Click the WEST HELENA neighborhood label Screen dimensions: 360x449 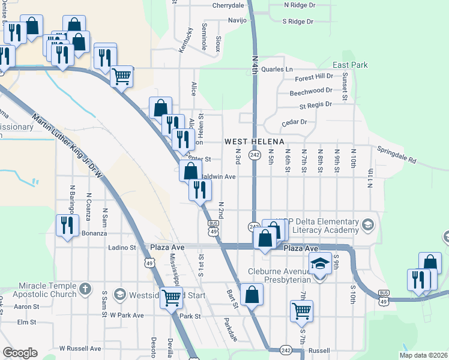point(254,142)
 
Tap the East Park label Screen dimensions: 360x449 point(350,65)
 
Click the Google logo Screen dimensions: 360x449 point(20,353)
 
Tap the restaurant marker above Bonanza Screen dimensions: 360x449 point(66,225)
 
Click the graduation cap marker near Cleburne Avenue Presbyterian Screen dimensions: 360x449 point(321,263)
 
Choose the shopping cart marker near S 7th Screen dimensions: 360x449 point(301,311)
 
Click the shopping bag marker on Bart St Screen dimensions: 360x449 point(252,295)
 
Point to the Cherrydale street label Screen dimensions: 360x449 point(229,5)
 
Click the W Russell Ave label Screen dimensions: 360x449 point(80,348)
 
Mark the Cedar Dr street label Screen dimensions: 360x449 point(294,122)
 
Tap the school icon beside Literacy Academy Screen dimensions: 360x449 point(368,226)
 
